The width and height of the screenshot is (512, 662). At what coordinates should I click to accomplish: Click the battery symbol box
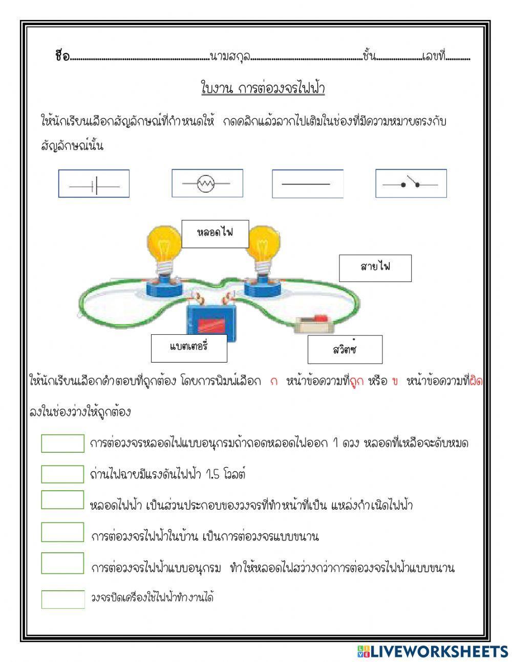(94, 184)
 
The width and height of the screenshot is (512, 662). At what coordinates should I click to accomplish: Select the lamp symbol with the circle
(207, 183)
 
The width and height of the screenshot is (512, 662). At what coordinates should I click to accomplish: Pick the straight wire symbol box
(307, 184)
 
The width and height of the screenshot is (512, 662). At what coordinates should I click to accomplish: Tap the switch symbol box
(411, 184)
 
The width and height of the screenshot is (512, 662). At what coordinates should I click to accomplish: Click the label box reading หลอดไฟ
(215, 234)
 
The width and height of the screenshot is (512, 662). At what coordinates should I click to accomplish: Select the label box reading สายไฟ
(375, 268)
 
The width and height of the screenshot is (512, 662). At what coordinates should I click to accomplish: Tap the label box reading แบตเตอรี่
(182, 348)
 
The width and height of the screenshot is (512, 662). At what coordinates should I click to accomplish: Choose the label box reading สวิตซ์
(345, 350)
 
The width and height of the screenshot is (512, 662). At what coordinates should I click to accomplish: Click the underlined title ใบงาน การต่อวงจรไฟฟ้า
(263, 88)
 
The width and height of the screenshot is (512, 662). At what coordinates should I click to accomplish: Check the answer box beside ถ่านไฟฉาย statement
(62, 474)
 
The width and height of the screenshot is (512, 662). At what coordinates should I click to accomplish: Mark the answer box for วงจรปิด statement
(62, 599)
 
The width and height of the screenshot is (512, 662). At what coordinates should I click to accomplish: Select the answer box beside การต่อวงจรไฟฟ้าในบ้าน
(62, 532)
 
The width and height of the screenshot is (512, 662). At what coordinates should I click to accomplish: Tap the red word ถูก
(356, 382)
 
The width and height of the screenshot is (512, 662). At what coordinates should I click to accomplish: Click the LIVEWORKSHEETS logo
(432, 651)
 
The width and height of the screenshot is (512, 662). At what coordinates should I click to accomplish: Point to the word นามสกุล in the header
(230, 56)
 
